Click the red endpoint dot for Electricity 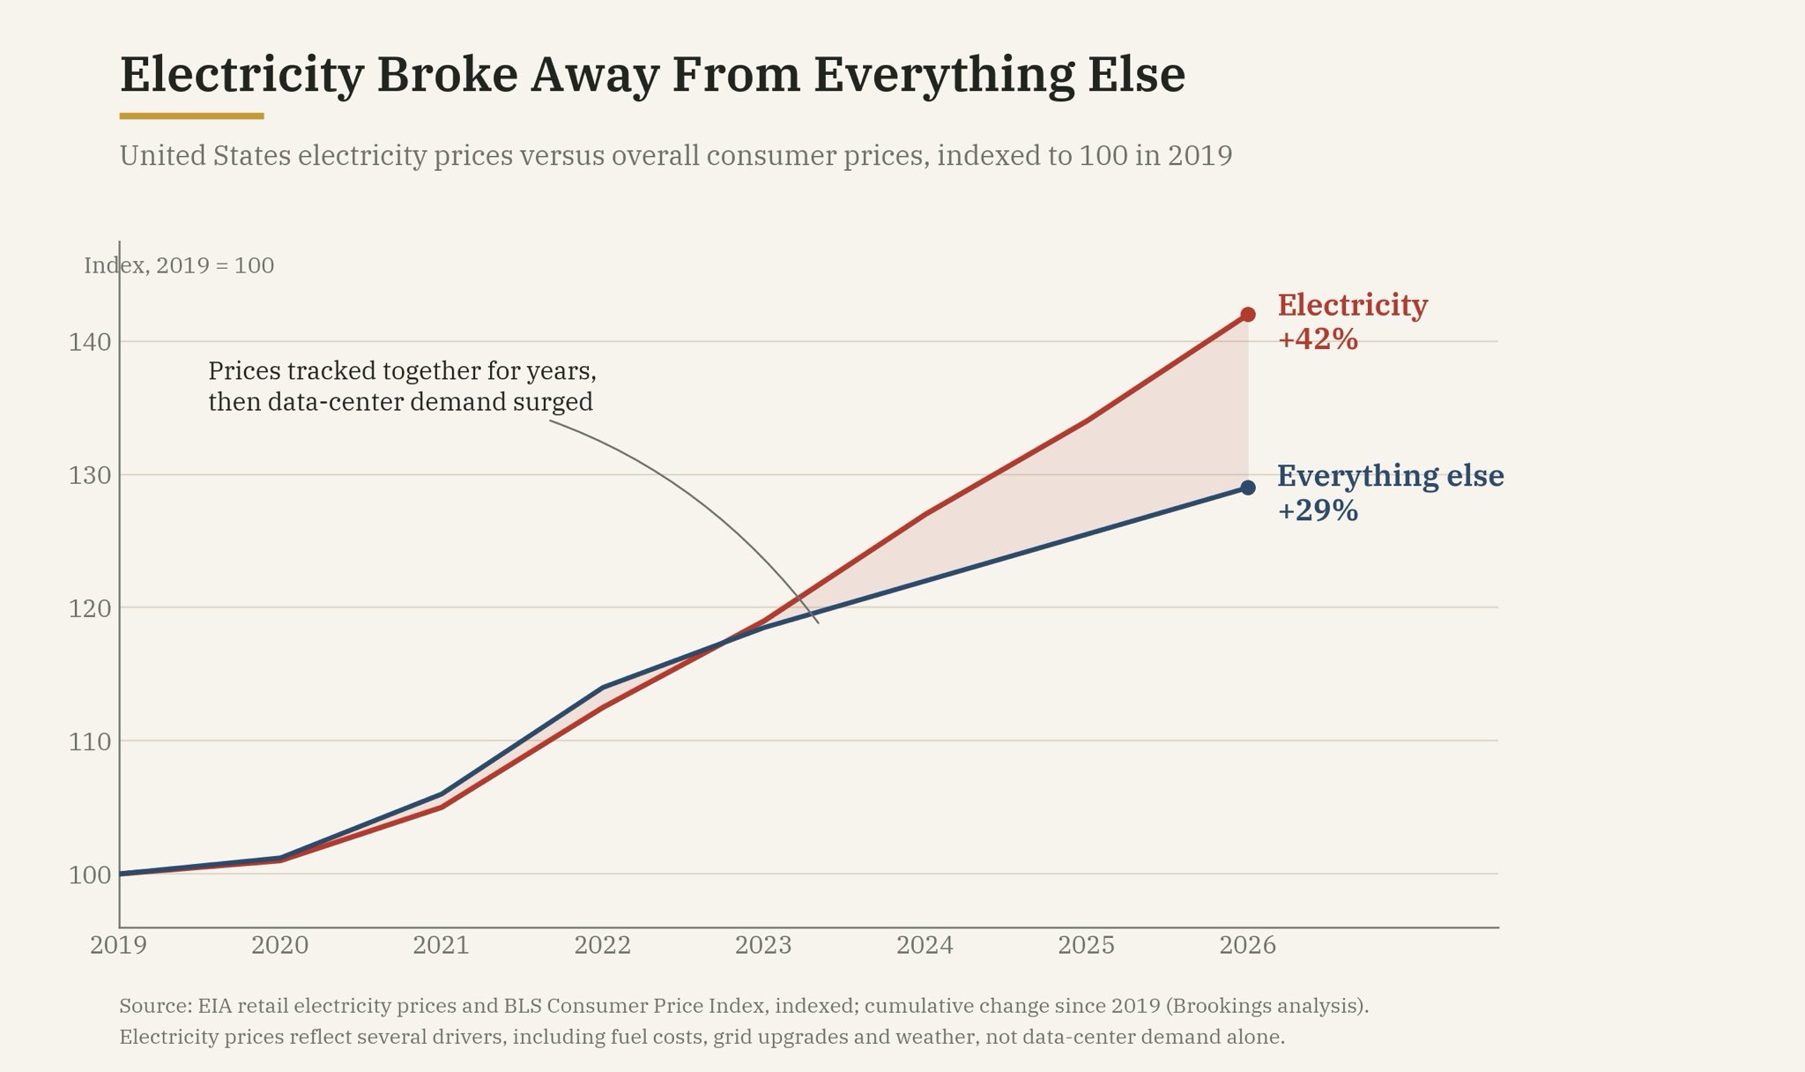click(1248, 315)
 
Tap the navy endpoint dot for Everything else click(1248, 488)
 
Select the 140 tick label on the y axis click(90, 342)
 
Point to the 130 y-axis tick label click(90, 476)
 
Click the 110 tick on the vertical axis click(90, 742)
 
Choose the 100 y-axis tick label click(90, 875)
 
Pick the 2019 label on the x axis click(119, 946)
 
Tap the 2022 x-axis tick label click(603, 946)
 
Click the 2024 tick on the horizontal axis click(925, 946)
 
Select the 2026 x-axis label click(1248, 946)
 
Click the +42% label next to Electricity click(1318, 339)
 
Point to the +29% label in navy click(1318, 510)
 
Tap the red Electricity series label click(1353, 306)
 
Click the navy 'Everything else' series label click(1391, 477)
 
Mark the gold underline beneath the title click(192, 115)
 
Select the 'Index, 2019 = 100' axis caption click(179, 265)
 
